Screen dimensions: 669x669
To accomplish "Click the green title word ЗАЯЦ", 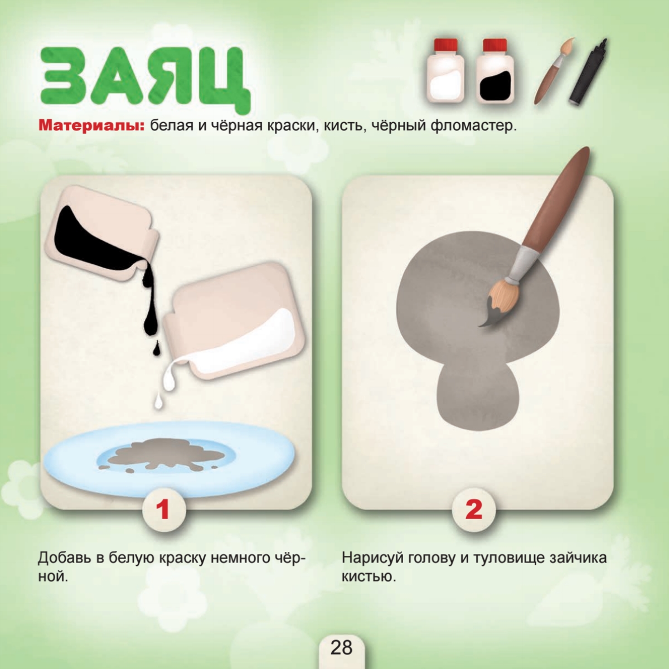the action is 145,80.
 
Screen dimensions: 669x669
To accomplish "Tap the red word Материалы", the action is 91,125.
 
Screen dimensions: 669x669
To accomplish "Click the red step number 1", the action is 163,510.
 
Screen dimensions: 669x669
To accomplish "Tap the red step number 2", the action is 473,510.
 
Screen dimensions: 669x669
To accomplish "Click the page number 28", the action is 342,647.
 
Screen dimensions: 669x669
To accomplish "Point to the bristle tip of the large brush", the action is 480,325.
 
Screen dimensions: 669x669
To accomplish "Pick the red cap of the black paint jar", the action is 495,45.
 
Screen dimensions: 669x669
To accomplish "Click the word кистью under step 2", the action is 369,577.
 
